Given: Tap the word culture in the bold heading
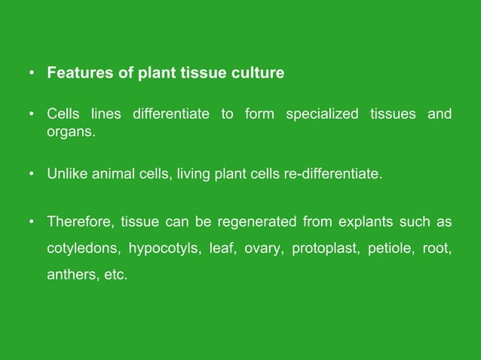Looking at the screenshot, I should click(257, 74).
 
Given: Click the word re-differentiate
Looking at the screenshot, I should click(330, 175).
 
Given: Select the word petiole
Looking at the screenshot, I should click(391, 249).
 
